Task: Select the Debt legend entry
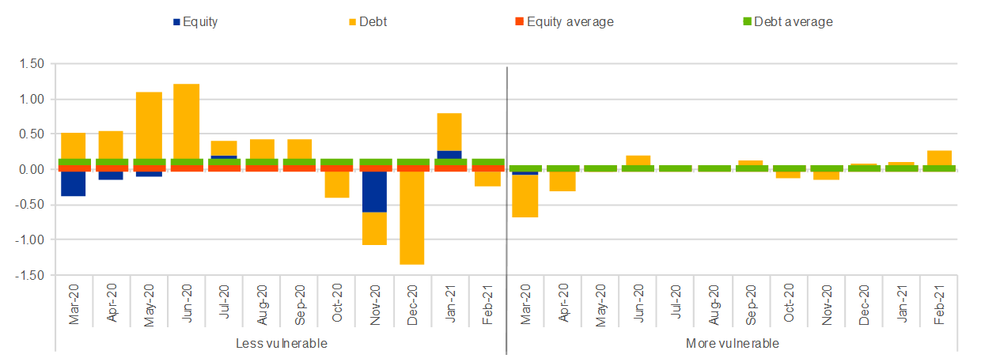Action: click(373, 22)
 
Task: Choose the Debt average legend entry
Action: click(793, 22)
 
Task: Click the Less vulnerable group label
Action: click(281, 344)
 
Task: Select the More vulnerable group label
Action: click(732, 344)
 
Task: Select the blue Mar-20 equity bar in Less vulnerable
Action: click(73, 184)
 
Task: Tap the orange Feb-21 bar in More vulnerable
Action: click(940, 157)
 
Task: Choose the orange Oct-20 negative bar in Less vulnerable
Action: click(337, 185)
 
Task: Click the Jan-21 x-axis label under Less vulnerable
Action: click(450, 300)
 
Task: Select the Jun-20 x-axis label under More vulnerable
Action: click(638, 300)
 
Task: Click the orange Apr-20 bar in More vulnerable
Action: click(563, 182)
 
